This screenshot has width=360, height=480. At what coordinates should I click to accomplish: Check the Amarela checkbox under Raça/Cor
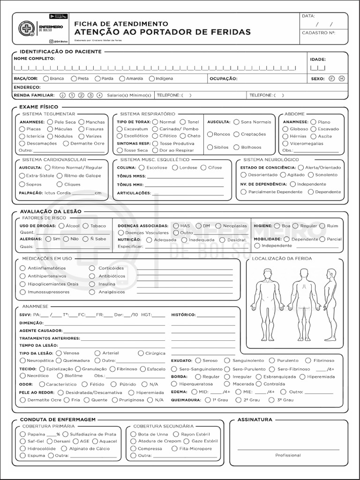click(x=122, y=79)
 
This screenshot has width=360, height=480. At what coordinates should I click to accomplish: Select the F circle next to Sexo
click(x=332, y=79)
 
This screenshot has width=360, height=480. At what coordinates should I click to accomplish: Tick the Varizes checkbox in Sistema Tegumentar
click(x=82, y=136)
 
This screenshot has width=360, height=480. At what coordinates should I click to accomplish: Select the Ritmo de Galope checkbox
click(x=59, y=175)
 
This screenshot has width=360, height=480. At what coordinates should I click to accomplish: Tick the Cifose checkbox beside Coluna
click(x=203, y=168)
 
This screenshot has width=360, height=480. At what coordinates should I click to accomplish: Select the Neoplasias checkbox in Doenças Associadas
click(x=218, y=226)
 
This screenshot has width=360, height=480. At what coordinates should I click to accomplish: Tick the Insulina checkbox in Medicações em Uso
click(x=92, y=284)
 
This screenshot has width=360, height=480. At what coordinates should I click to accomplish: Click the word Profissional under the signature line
click(x=288, y=455)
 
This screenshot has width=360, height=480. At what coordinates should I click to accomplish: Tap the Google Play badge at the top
click(x=59, y=16)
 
